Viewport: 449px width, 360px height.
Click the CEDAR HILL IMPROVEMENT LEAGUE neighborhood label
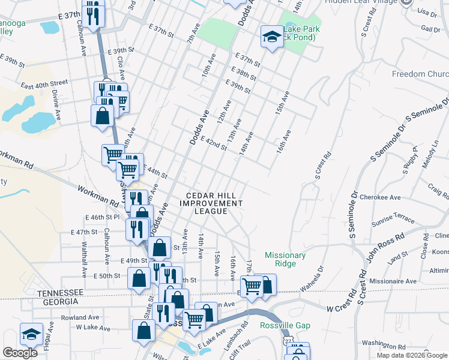(x=214, y=203)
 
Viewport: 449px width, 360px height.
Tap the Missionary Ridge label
(x=285, y=259)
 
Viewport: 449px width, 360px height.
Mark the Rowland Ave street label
(x=80, y=317)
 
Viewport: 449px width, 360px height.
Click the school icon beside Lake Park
(x=272, y=37)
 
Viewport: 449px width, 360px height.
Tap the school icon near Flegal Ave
(x=31, y=335)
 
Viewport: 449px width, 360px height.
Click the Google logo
(x=20, y=353)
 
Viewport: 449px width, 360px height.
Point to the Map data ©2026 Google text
(x=411, y=355)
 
